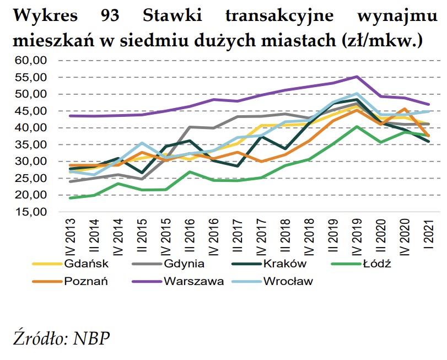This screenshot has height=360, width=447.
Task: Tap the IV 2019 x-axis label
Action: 357,235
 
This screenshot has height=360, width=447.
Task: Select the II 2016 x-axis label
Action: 190,235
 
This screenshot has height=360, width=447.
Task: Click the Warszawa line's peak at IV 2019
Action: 357,77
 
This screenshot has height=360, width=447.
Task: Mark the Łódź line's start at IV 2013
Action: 71,198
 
